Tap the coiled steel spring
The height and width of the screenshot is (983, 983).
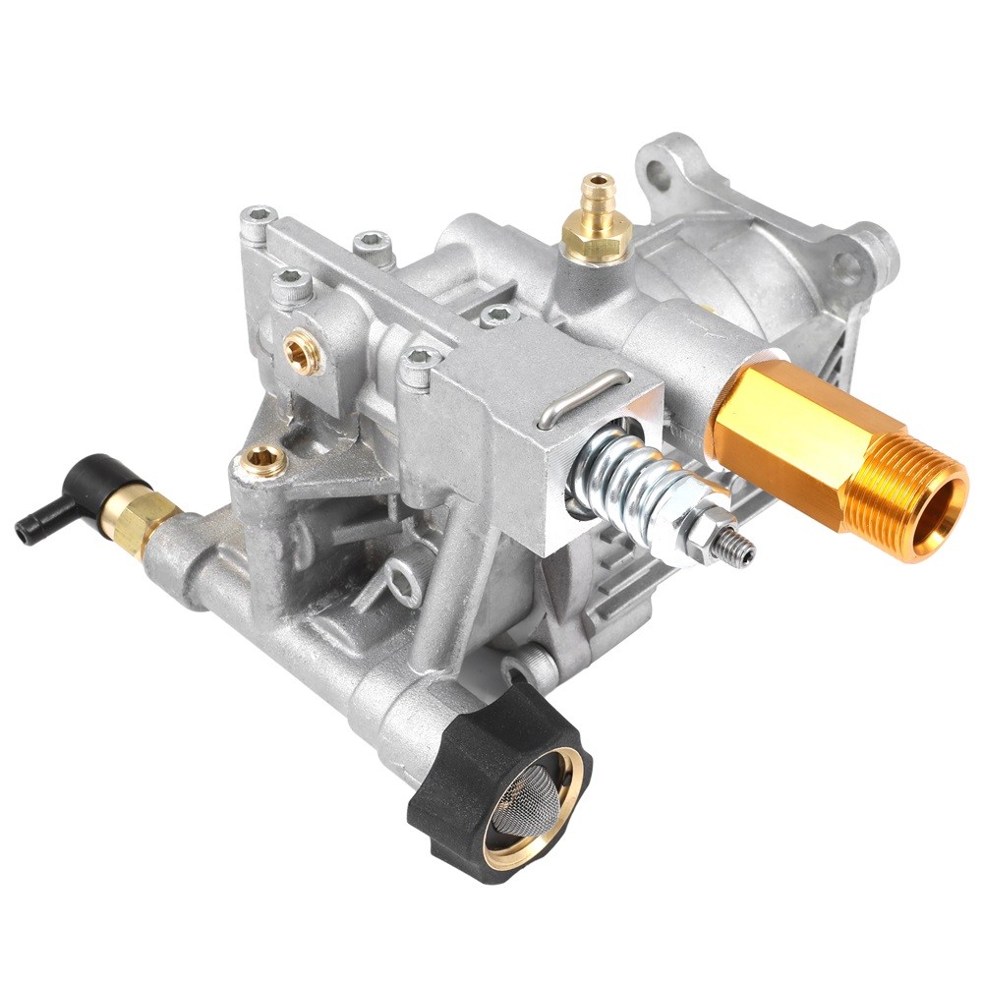point(629,482)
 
